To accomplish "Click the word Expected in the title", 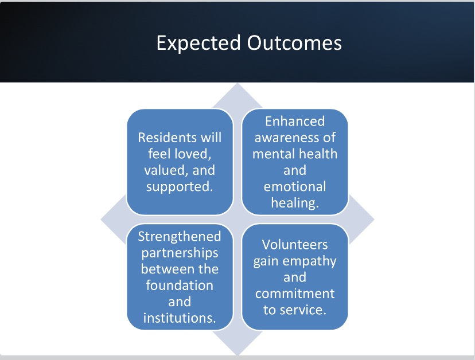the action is coord(198,44).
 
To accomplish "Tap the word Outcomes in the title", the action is coord(294,42).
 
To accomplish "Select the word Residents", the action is coord(168,138).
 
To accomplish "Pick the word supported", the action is coord(180,187).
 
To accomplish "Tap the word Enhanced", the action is coord(295,121).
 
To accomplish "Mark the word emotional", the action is coord(295,186).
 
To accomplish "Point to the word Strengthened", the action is coord(180,237).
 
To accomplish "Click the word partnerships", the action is coord(180,253).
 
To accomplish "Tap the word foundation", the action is coord(180,285).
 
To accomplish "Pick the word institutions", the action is coord(180,318).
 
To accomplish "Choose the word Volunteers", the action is coord(295,245).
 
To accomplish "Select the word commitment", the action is coord(295,294).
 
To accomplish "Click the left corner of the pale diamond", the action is coord(101,220).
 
